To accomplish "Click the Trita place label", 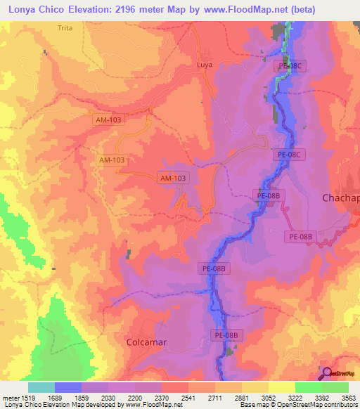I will (x=65, y=27).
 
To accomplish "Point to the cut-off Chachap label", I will (x=340, y=198).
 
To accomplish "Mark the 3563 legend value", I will (x=349, y=398).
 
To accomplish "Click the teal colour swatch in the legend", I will (x=41, y=387).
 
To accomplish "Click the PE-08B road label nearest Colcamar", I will (x=228, y=336).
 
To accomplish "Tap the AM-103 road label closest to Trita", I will (x=109, y=120).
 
